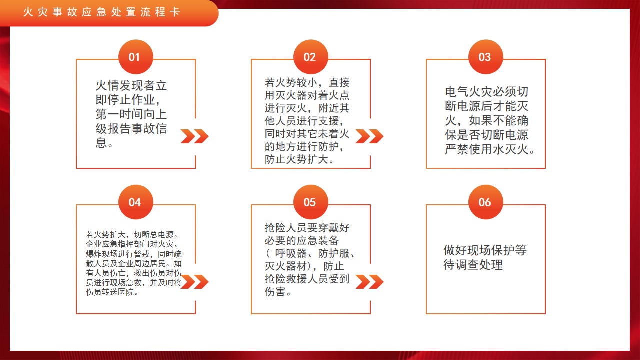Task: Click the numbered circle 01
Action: click(x=136, y=57)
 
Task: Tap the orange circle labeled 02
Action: click(x=311, y=57)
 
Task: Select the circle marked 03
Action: click(x=485, y=57)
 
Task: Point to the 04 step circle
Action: click(x=136, y=202)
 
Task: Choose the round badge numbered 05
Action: click(x=311, y=202)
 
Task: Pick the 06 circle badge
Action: click(x=485, y=202)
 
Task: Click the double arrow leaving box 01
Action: click(x=195, y=136)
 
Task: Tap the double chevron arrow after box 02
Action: click(x=369, y=136)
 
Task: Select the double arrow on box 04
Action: click(x=195, y=282)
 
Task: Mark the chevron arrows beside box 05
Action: click(x=369, y=282)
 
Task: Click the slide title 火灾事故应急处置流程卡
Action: click(x=101, y=12)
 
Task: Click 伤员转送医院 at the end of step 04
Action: click(x=110, y=292)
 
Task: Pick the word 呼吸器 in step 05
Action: click(x=291, y=253)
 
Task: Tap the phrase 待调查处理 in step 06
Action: click(x=473, y=265)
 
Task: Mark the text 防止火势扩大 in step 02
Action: click(x=296, y=159)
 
